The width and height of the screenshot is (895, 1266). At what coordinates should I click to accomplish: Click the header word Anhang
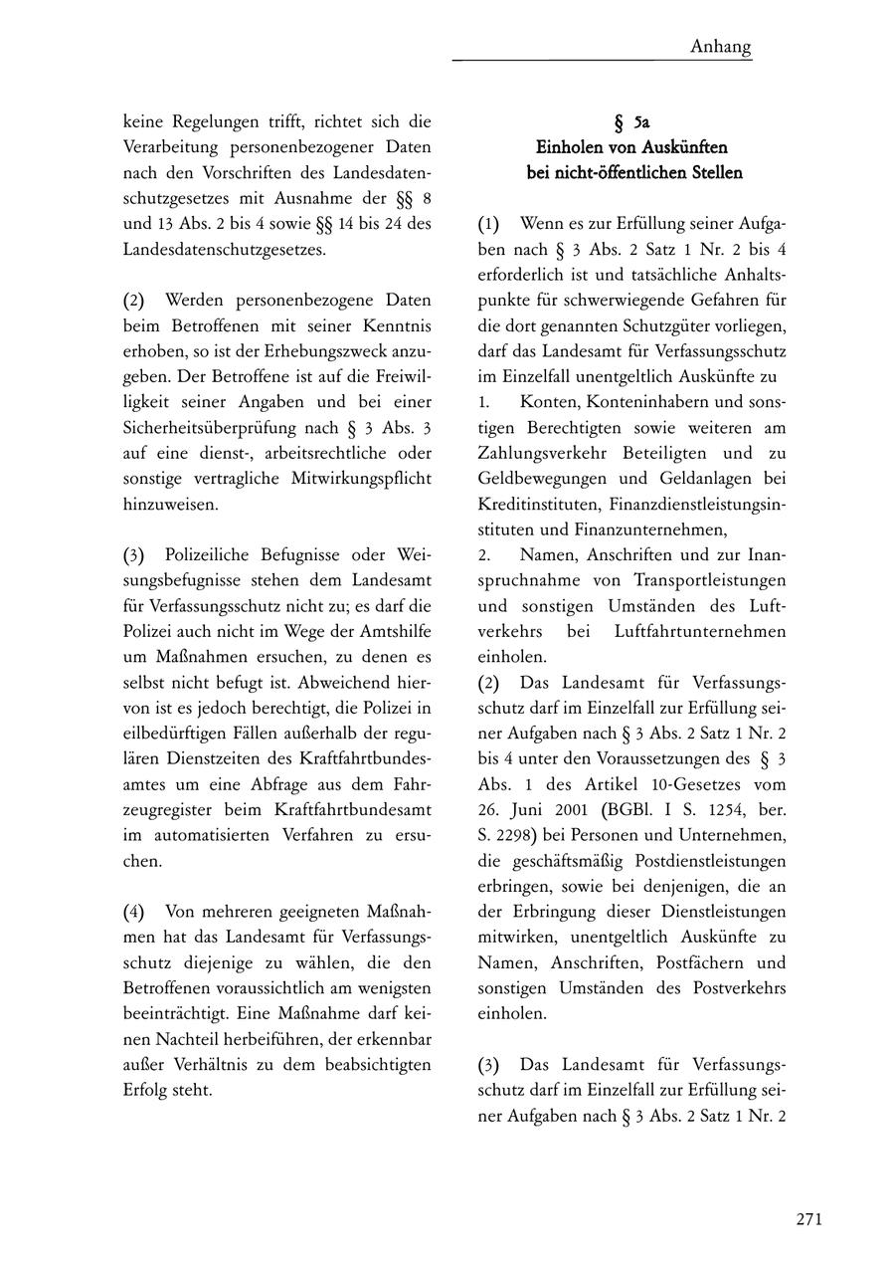720,47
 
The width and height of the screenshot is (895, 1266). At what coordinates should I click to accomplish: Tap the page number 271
807,1220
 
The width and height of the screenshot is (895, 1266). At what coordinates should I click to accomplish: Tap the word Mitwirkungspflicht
359,478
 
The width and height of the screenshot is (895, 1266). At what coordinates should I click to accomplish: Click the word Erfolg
145,1089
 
